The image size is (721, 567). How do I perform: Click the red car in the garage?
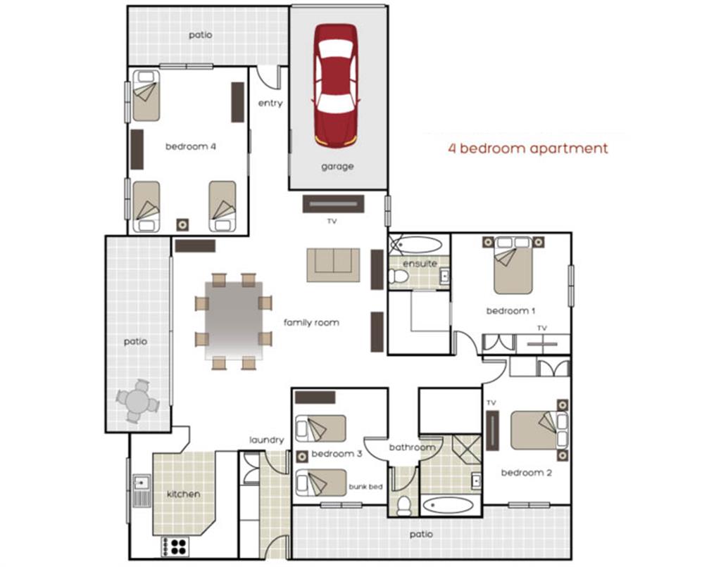[x=335, y=85]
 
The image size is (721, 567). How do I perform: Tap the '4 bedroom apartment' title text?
[x=527, y=148]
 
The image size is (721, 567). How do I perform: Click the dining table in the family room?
[x=234, y=320]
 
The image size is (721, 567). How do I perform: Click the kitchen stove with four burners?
[x=175, y=545]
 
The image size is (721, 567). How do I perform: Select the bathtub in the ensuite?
[x=417, y=245]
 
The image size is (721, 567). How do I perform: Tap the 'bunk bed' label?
[x=365, y=486]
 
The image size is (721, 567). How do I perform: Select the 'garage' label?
[x=337, y=167]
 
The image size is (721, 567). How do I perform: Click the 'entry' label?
[x=270, y=103]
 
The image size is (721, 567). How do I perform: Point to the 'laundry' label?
[x=267, y=440]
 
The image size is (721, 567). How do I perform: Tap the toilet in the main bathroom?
[x=404, y=504]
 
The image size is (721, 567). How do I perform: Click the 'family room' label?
[x=311, y=323]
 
